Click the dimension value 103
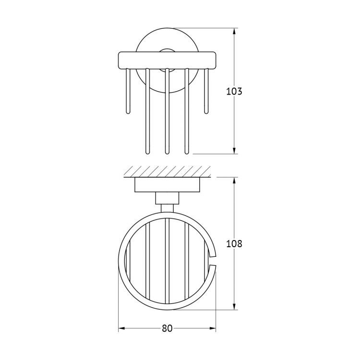[234, 91]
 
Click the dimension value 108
[234, 243]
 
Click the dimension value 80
[167, 328]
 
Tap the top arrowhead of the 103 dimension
[234, 31]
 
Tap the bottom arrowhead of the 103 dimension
[234, 151]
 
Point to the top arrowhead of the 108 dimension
[234, 180]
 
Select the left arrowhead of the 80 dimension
[121, 328]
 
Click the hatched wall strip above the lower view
[168, 171]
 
